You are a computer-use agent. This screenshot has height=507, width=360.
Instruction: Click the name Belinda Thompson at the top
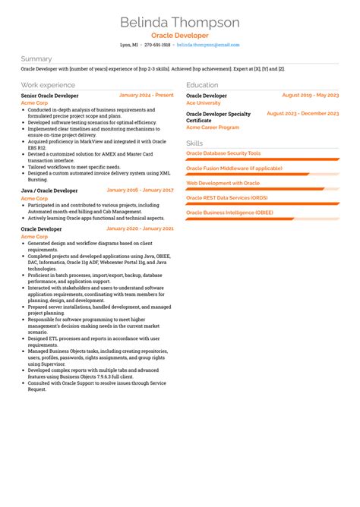[x=179, y=22]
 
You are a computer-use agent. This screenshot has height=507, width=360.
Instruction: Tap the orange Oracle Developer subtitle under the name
[x=179, y=36]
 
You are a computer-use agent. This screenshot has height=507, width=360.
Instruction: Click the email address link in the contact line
[x=207, y=45]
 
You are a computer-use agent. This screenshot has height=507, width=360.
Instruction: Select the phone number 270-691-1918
[x=157, y=45]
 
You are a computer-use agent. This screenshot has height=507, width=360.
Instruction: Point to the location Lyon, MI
[x=129, y=45]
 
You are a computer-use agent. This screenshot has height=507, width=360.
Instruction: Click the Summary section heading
[x=36, y=58]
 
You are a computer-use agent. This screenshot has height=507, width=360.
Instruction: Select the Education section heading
[x=202, y=85]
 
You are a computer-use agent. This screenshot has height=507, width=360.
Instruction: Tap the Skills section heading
[x=194, y=143]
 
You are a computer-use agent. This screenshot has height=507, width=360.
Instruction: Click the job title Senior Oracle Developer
[x=49, y=96]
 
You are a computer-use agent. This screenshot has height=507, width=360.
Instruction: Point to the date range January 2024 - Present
[x=146, y=96]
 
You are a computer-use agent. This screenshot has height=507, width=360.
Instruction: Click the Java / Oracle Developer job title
[x=49, y=191]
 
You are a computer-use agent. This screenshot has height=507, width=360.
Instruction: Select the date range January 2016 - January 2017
[x=140, y=191]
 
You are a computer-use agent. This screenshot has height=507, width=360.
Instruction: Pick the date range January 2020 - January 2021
[x=140, y=228]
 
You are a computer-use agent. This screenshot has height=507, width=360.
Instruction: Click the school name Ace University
[x=203, y=102]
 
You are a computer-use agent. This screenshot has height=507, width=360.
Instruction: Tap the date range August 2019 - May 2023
[x=310, y=96]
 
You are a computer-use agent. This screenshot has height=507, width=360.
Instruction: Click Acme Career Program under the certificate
[x=212, y=128]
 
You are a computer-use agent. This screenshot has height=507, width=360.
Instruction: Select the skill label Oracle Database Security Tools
[x=223, y=153]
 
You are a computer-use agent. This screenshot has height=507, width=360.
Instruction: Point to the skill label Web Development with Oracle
[x=223, y=183]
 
